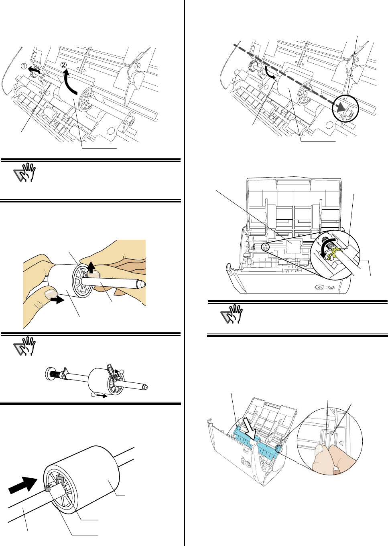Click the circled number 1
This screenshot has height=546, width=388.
pos(24,67)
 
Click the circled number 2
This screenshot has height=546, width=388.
pos(64,65)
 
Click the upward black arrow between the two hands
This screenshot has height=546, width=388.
pos(91,267)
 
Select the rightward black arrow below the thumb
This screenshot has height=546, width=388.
pos(59,299)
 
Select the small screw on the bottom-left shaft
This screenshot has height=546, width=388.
pos(47,488)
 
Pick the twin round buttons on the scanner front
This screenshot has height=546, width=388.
pos(325,287)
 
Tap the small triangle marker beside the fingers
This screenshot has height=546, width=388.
pos(341,443)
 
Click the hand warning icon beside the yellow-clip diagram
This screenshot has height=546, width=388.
pos(232,314)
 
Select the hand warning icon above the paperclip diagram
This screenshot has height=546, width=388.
pos(25,346)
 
